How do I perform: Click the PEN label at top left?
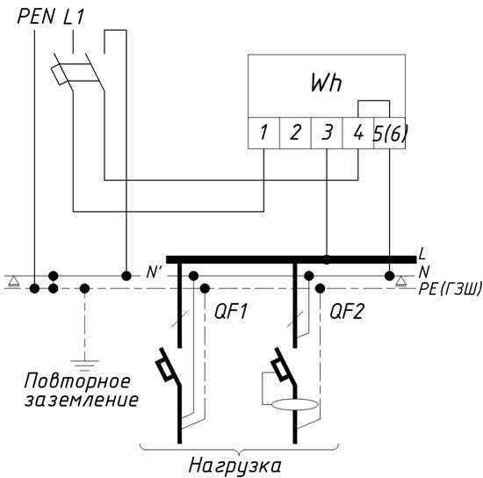36,17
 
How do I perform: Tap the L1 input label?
74,17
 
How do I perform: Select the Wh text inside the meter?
326,83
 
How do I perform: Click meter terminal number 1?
263,133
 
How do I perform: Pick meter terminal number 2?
295,133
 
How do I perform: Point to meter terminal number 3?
327,133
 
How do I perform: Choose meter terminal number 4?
358,133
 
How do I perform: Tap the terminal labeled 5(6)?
390,134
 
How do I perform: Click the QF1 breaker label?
231,312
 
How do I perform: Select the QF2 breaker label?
347,312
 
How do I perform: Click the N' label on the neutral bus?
153,272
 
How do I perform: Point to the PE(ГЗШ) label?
450,289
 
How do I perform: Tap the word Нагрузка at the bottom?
234,466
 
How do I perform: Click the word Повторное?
77,382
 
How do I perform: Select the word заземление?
82,401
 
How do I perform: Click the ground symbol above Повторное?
84,365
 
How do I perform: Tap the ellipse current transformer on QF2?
295,404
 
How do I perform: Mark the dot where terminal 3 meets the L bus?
327,259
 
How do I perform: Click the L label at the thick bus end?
422,253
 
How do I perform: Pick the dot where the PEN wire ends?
34,289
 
